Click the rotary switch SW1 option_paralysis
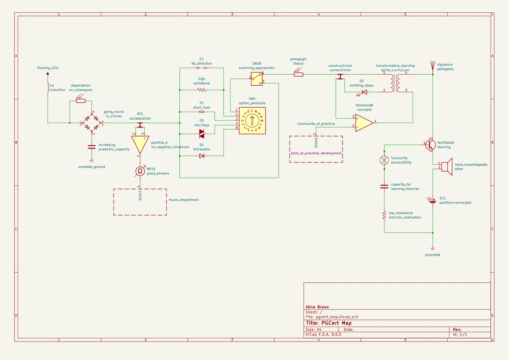point(252,121)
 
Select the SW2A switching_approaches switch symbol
point(257,79)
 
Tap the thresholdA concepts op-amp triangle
point(364,123)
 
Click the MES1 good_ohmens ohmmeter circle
point(140,171)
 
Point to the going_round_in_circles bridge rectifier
point(92,123)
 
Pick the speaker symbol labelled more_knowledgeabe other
point(447,167)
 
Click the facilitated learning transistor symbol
point(430,144)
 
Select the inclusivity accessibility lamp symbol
point(384,160)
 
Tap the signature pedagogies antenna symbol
point(433,66)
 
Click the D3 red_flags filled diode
point(202,134)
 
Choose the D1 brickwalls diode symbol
point(202,156)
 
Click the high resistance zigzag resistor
point(202,90)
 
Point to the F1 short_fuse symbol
point(202,112)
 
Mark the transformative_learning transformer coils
point(395,83)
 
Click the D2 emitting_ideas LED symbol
point(364,92)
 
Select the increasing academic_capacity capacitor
point(92,147)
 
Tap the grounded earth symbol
point(433,248)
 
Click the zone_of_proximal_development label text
point(316,153)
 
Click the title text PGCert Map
point(329,323)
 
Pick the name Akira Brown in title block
point(317,307)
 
